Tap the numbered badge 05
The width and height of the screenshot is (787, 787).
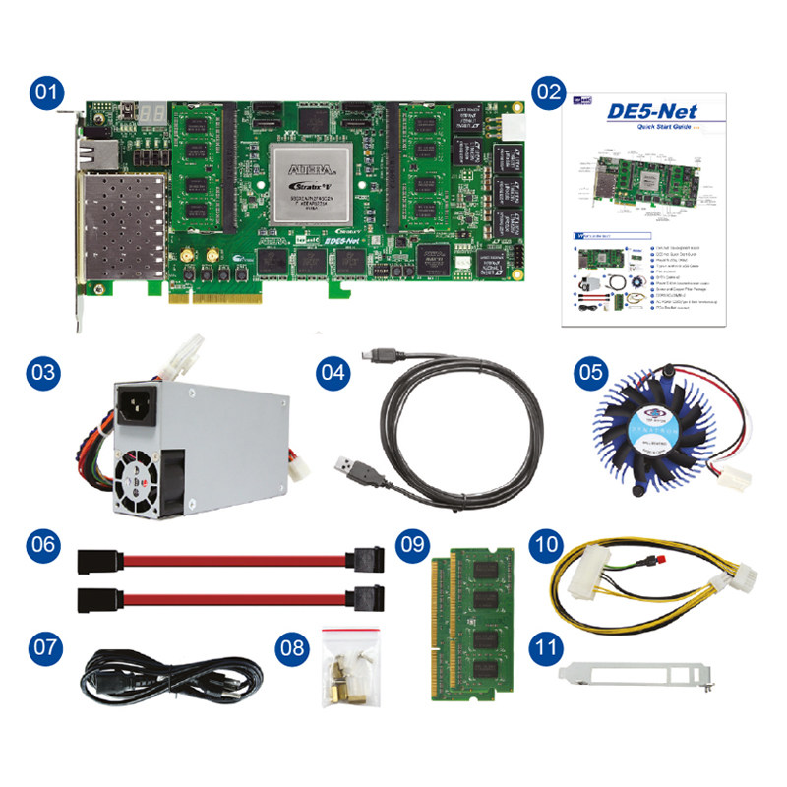[591, 374]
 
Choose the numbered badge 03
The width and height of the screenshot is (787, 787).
[44, 374]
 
